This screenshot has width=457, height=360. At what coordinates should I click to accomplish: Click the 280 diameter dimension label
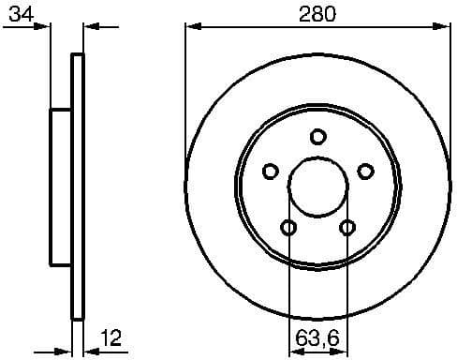click(x=317, y=13)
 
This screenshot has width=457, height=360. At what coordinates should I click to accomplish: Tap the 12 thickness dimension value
click(x=111, y=337)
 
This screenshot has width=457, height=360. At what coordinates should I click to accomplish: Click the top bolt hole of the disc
click(x=317, y=137)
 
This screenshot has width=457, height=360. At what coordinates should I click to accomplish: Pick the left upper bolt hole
click(x=271, y=171)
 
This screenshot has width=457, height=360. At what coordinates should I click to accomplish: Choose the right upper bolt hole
click(x=365, y=171)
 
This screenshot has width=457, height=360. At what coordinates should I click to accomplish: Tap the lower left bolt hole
click(x=288, y=227)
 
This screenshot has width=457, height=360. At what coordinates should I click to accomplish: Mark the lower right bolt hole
click(x=347, y=227)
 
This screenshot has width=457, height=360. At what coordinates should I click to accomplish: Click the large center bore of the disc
click(x=317, y=186)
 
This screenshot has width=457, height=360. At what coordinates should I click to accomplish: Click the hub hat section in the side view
click(x=61, y=187)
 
